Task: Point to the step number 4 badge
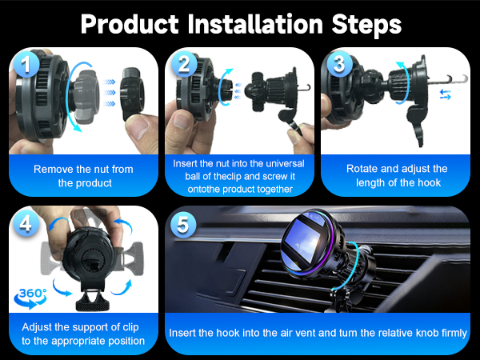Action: (28, 224)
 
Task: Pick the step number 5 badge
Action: (183, 224)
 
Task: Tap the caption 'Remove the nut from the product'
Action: (83, 176)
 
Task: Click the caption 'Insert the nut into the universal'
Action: (239, 162)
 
